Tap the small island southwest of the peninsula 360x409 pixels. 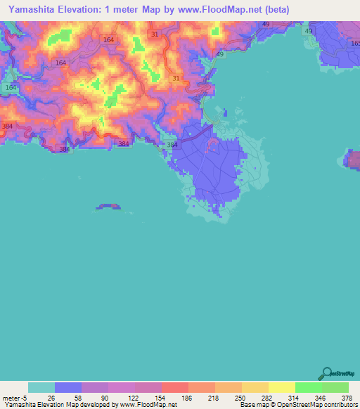108,207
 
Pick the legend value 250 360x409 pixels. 241,397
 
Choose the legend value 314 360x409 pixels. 295,397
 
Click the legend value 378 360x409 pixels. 346,397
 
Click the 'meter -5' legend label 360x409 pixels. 13,397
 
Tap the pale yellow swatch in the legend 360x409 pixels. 281,387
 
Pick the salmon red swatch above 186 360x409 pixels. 174,387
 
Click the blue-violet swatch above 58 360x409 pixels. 67,387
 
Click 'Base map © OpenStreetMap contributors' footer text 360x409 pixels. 298,405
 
